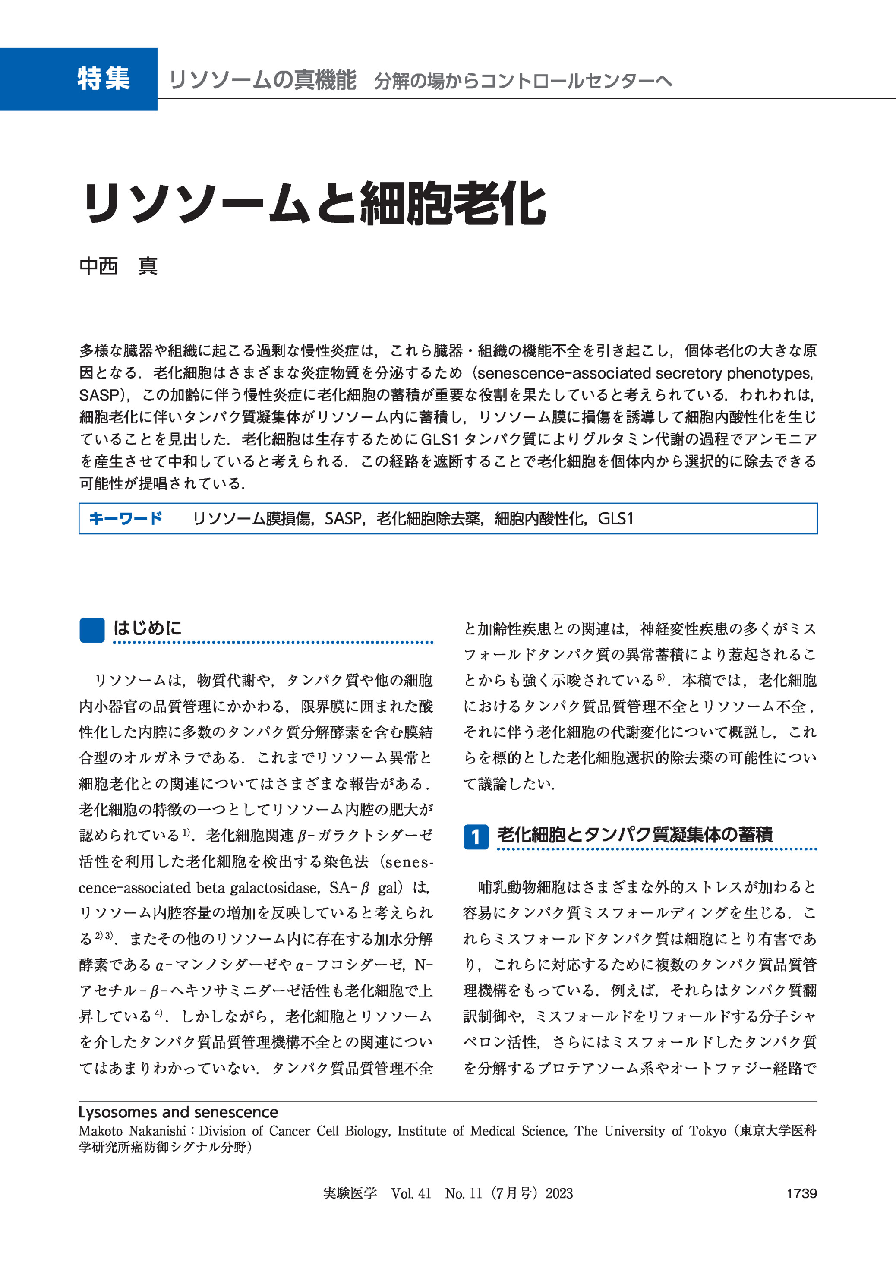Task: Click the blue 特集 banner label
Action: click(x=103, y=79)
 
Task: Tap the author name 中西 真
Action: click(x=119, y=266)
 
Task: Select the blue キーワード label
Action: click(x=125, y=519)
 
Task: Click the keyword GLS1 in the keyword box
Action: click(x=616, y=519)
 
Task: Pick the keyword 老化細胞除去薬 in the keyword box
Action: click(x=428, y=519)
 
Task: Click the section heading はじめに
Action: click(x=147, y=628)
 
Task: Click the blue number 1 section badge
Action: click(x=476, y=837)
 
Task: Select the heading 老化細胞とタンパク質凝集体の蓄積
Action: click(x=634, y=834)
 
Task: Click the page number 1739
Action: click(x=801, y=1193)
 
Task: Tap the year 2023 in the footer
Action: click(x=559, y=1193)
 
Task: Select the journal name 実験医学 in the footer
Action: click(x=350, y=1193)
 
